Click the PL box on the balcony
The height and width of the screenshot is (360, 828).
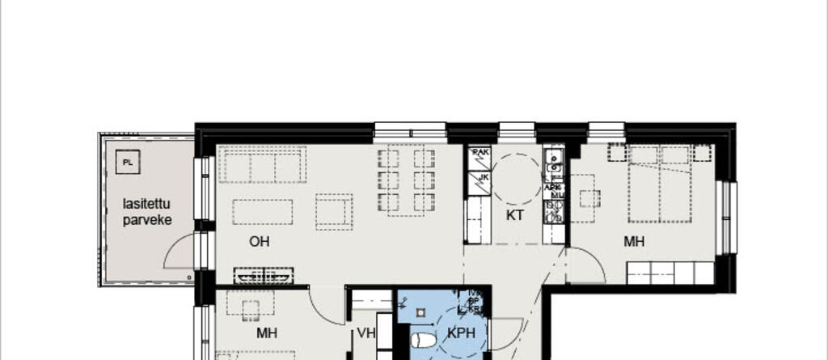(x=127, y=163)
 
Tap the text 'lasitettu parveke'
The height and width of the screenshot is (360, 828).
(x=147, y=211)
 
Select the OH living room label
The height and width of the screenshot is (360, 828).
(x=259, y=241)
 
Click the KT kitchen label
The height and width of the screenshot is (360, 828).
(x=516, y=215)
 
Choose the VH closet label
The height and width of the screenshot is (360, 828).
(x=366, y=332)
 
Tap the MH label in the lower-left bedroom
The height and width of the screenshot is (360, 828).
(x=268, y=332)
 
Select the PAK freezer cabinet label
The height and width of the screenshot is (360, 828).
(x=480, y=153)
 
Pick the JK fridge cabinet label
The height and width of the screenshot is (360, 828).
(x=483, y=178)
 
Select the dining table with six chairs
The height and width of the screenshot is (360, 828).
(x=406, y=179)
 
